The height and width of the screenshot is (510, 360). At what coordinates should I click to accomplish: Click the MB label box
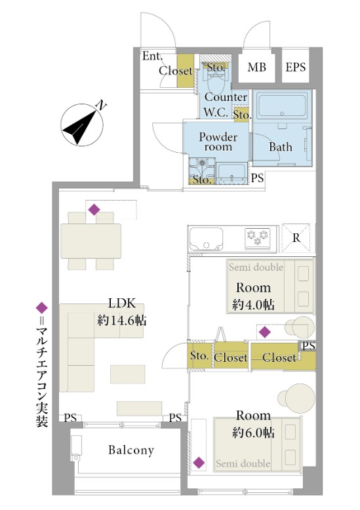(x=256, y=67)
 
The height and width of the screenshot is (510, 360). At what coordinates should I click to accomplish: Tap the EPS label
(x=296, y=67)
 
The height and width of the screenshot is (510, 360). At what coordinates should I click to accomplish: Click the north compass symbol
(x=83, y=125)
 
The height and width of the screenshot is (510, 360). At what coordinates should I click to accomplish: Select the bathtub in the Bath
(x=282, y=106)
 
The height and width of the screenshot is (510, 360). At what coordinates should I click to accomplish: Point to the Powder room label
(x=218, y=142)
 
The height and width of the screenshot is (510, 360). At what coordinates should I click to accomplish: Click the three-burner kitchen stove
(x=258, y=237)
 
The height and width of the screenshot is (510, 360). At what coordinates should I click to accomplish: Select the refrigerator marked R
(x=296, y=238)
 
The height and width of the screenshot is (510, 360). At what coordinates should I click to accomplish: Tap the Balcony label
(x=131, y=450)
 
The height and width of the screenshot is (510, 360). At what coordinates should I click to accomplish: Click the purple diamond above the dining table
(x=94, y=209)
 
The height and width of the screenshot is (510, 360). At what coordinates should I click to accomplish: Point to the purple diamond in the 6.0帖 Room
(x=199, y=462)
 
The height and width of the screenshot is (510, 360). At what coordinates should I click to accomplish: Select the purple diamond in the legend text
(x=42, y=307)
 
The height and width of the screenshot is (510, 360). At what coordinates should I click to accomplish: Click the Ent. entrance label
(x=152, y=56)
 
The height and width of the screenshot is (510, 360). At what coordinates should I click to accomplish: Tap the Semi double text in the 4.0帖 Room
(x=256, y=267)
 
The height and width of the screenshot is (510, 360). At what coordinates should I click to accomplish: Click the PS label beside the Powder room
(x=257, y=178)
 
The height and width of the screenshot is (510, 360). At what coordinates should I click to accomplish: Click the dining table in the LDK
(x=91, y=241)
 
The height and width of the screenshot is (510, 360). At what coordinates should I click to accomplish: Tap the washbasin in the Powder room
(x=231, y=174)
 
